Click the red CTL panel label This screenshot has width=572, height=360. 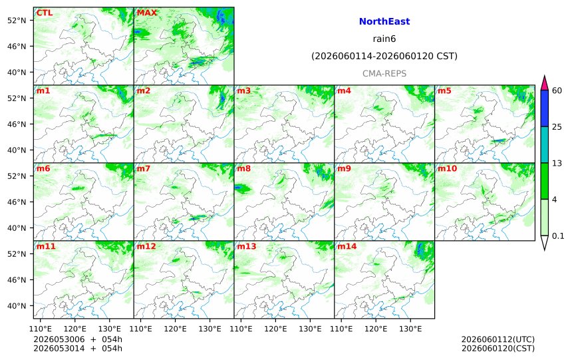(44, 13)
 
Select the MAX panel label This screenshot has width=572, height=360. (146, 13)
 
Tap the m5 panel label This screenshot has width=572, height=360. (444, 90)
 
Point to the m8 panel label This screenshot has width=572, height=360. (243, 168)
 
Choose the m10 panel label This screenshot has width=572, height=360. (447, 168)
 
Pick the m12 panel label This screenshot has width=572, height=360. (146, 246)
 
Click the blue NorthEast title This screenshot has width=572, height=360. (384, 21)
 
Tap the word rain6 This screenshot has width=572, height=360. (384, 39)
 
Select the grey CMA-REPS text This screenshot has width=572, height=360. (384, 73)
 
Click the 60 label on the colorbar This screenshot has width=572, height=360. (557, 90)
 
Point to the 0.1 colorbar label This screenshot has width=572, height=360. (558, 236)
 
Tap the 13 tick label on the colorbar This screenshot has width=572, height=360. (557, 163)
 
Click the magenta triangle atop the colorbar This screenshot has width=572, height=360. (544, 84)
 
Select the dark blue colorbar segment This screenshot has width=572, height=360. (544, 108)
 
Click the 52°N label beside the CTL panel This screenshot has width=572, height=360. (17, 21)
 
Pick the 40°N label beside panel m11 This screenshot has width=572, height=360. (17, 305)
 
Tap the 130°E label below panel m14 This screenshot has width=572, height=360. (410, 329)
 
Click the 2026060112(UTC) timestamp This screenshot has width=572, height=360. (498, 339)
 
